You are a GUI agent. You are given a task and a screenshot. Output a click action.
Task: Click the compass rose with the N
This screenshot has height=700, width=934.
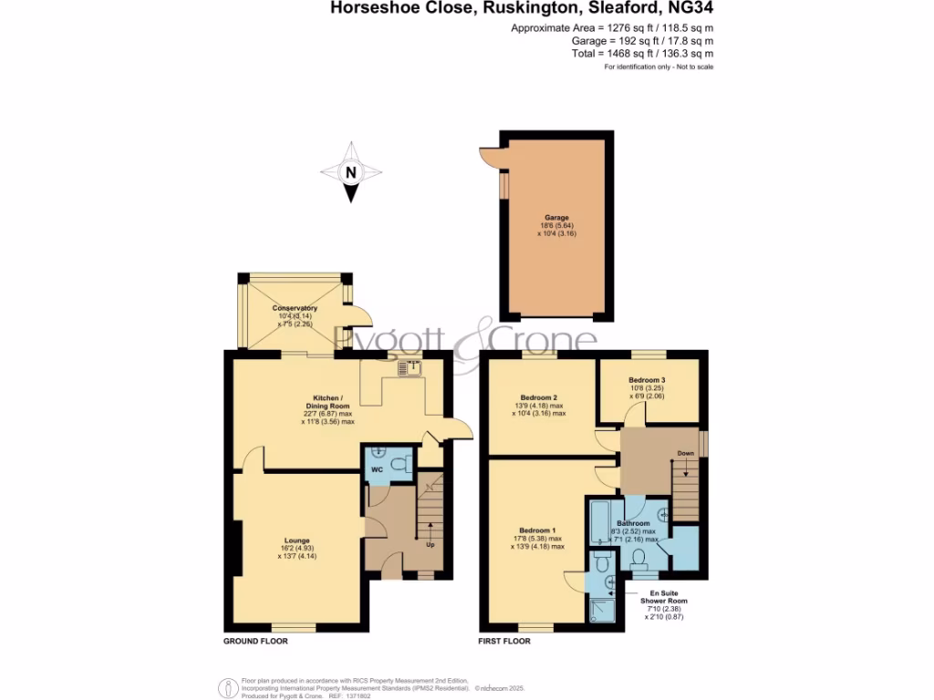351,171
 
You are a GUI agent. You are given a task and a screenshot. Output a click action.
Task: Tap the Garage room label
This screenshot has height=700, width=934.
557,218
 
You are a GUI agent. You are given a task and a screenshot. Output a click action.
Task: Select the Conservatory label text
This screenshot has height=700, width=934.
295,308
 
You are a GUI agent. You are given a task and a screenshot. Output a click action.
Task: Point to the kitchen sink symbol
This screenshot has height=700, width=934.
408,368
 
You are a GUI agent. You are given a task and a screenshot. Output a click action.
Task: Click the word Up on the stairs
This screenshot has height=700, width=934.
430,545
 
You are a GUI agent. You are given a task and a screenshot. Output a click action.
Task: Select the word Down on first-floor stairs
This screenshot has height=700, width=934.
685,453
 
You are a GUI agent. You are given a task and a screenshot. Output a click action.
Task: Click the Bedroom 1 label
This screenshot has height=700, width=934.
536,530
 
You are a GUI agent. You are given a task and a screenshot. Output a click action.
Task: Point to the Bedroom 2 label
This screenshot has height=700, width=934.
538,397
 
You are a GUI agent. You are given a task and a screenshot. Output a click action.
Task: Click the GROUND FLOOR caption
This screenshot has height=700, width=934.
256,642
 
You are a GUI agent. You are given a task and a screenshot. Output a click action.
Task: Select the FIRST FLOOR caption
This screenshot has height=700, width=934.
505,642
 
